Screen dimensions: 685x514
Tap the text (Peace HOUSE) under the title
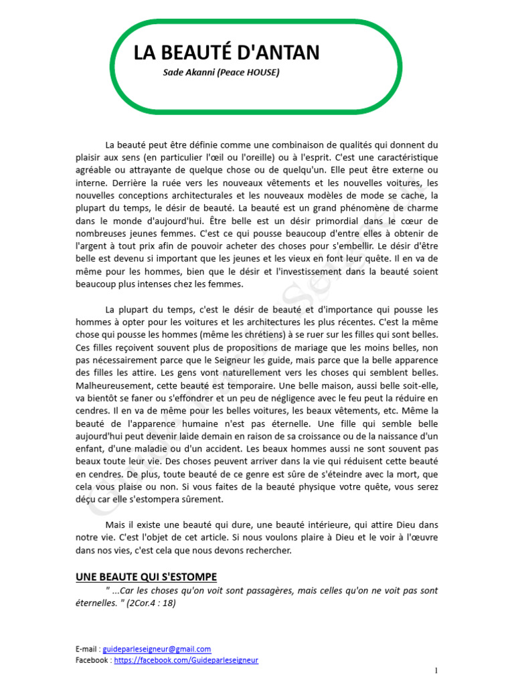pyautogui.click(x=248, y=72)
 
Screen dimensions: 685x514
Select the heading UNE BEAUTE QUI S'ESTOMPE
pyautogui.click(x=146, y=577)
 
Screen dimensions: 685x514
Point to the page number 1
pyautogui.click(x=436, y=670)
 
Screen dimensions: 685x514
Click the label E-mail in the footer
pyautogui.click(x=87, y=649)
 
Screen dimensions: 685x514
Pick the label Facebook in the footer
pyautogui.click(x=92, y=660)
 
